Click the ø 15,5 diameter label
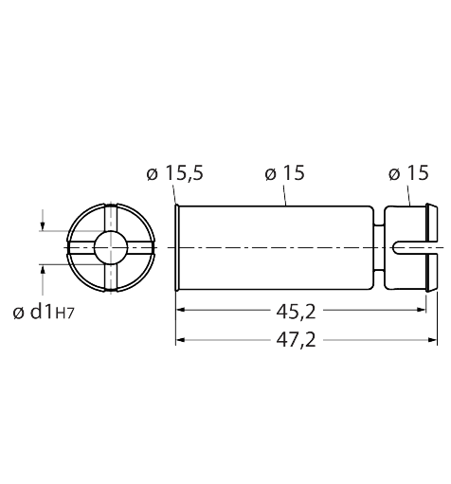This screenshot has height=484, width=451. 176,173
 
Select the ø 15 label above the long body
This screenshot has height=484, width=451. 284,173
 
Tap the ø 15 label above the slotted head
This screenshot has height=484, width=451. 407,173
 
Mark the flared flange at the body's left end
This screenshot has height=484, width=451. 178,248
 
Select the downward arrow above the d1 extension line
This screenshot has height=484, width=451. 42,224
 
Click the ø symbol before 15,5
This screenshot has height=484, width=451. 152,173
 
